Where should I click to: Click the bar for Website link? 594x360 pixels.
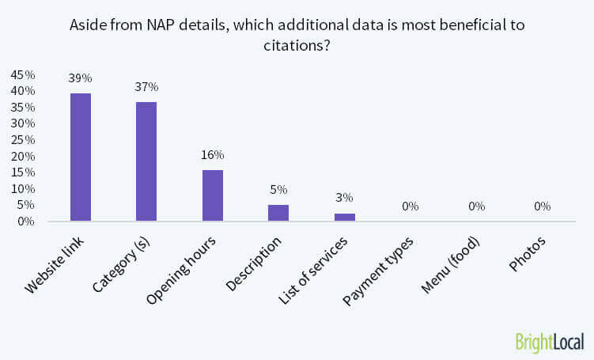click(81, 157)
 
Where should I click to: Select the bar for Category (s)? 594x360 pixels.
click(146, 161)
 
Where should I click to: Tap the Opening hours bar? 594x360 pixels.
click(212, 195)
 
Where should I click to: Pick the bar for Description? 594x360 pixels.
click(278, 213)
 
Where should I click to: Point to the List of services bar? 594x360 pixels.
click(344, 217)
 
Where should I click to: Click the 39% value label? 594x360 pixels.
click(81, 78)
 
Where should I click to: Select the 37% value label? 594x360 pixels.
click(146, 86)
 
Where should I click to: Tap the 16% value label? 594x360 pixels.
click(212, 154)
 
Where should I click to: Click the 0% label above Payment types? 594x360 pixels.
click(410, 207)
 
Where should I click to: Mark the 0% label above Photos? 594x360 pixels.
click(542, 207)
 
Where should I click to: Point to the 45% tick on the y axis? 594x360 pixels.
click(22, 74)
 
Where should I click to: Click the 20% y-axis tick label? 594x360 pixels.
click(22, 156)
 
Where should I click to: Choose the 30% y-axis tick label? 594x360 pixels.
click(22, 123)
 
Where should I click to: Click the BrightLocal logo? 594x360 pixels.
click(548, 342)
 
